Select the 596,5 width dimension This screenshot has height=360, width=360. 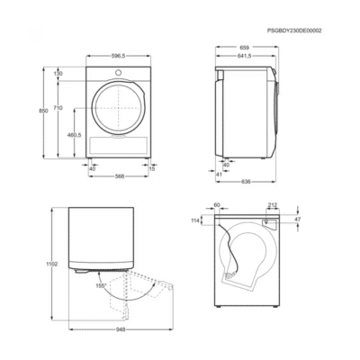pos(118,55)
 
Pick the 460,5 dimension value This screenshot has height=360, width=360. pos(75,135)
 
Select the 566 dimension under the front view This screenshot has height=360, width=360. pos(119,176)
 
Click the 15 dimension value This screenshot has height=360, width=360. pos(152,167)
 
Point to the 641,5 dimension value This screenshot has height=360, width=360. pos(245,56)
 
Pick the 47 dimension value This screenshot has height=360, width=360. pos(299,220)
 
